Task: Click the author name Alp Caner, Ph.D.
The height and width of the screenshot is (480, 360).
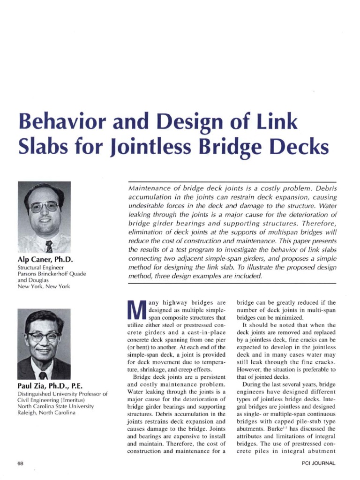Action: point(45,259)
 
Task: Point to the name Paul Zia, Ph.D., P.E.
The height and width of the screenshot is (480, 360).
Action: point(51,386)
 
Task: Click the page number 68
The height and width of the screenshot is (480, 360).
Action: point(20,463)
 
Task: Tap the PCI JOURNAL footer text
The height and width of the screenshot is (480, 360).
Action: point(319,463)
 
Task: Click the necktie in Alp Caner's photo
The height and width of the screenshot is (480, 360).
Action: point(49,246)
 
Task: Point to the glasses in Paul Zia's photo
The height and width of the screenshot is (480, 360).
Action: point(43,337)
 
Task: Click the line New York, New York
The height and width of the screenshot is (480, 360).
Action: point(44,286)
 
